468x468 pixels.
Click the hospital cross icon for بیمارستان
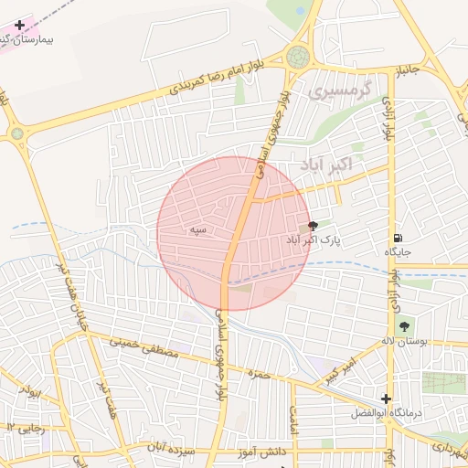tap(20, 25)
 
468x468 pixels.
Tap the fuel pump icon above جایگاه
tap(396, 236)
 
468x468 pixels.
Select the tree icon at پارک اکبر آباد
tap(314, 226)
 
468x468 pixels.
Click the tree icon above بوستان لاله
tap(403, 326)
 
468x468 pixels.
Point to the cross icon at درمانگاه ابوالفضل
tap(387, 399)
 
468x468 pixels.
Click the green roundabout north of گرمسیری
tap(298, 58)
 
